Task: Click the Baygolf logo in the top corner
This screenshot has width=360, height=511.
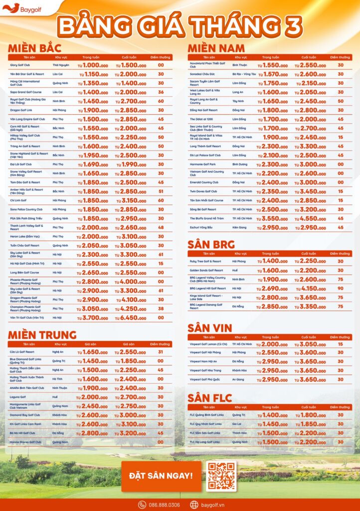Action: point(18,8)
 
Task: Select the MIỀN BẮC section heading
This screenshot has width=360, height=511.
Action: point(34,48)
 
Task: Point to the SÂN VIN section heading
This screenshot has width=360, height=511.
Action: point(210,328)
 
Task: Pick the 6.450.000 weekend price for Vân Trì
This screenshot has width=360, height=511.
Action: point(131,317)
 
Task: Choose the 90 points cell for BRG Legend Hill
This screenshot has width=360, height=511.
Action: point(341,288)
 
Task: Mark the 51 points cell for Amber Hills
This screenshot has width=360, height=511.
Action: point(161,191)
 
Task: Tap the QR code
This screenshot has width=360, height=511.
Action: point(221,476)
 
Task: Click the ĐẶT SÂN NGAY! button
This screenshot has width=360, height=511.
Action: point(161,476)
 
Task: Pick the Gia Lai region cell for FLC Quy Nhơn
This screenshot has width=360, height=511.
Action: point(238,424)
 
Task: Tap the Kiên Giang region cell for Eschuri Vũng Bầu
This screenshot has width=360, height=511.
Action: point(239,228)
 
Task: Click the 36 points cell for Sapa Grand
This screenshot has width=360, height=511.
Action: point(161,92)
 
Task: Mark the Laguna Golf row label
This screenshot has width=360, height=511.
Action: point(19,397)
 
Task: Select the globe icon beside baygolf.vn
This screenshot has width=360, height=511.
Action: point(194,505)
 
